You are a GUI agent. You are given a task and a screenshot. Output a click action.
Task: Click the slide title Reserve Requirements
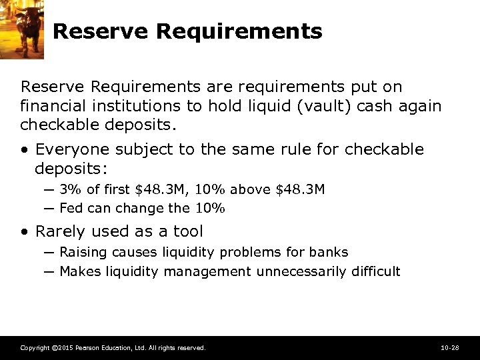(187, 31)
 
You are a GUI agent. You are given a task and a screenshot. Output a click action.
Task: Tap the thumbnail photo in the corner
(22, 29)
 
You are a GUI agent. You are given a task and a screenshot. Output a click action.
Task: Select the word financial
(51, 106)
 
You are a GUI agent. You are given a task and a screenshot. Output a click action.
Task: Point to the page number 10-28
(449, 348)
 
